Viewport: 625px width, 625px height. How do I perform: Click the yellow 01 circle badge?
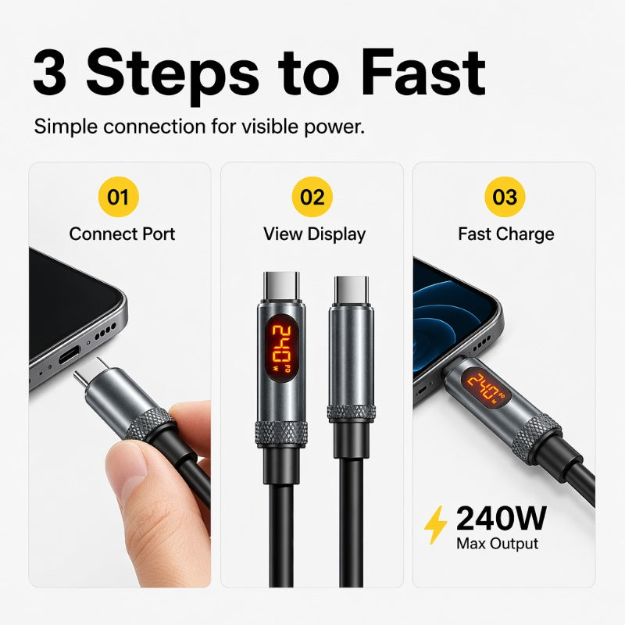point(119,197)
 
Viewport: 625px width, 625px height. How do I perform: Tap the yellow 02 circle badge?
point(312,197)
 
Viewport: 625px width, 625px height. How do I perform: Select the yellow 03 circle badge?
point(505,197)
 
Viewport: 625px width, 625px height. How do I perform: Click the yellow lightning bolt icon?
point(435,525)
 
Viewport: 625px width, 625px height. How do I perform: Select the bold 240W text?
point(501,518)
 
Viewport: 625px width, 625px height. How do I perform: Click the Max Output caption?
point(497,544)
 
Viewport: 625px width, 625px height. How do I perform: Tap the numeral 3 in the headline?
point(49,73)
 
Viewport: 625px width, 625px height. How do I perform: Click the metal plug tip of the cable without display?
point(351,290)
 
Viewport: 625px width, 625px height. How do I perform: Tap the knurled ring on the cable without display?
point(352,413)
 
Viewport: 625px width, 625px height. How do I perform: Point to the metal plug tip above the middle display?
point(281,286)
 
